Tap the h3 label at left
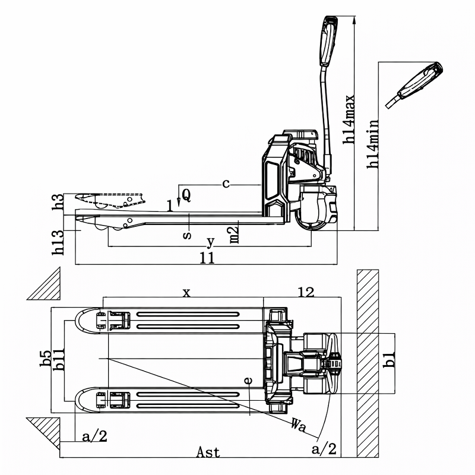pyautogui.click(x=58, y=202)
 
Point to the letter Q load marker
pyautogui.click(x=186, y=194)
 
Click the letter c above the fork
pyautogui.click(x=226, y=183)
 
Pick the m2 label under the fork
pyautogui.click(x=235, y=233)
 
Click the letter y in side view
pyautogui.click(x=210, y=242)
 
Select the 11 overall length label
pyautogui.click(x=207, y=258)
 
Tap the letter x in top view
pyautogui.click(x=186, y=292)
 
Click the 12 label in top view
pyautogui.click(x=306, y=292)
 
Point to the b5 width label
pyautogui.click(x=45, y=360)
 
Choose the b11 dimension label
pyautogui.click(x=59, y=360)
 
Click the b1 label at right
pyautogui.click(x=389, y=360)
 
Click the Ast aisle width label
pyautogui.click(x=208, y=452)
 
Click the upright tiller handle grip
pyautogui.click(x=328, y=40)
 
